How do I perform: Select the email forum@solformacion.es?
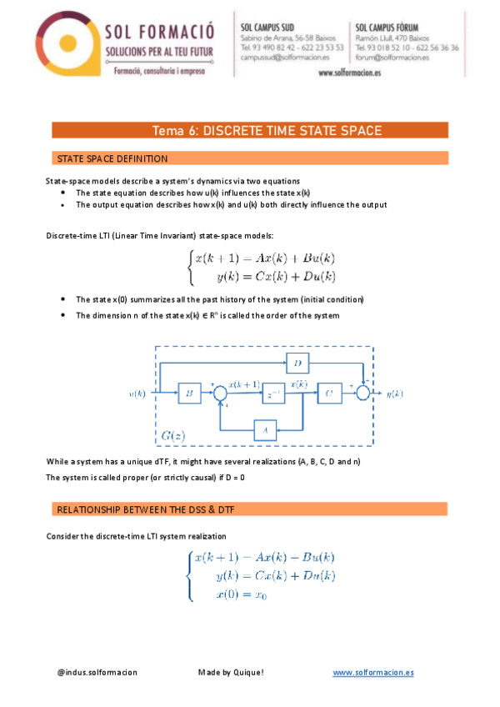(x=391, y=58)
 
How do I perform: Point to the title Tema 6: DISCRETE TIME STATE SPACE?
(x=267, y=130)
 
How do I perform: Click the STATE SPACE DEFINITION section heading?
(x=112, y=158)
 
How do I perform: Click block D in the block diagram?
(x=297, y=362)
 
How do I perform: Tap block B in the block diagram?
(x=190, y=393)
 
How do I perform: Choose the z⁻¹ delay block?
(x=272, y=393)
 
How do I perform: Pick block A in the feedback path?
(x=265, y=429)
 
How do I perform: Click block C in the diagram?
(x=329, y=393)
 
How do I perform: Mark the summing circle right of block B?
(x=221, y=393)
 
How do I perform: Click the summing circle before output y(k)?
(x=362, y=393)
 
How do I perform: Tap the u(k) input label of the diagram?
(x=138, y=393)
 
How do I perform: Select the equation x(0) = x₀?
(x=240, y=594)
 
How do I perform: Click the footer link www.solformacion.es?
(x=373, y=672)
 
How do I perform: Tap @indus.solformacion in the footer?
(x=97, y=672)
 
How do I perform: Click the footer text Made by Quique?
(x=231, y=672)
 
